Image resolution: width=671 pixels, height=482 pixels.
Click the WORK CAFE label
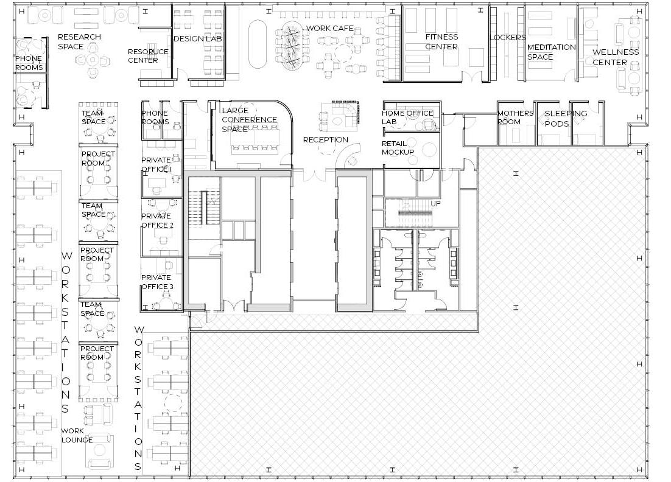[330, 28]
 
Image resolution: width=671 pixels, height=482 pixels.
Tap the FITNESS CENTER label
[441, 41]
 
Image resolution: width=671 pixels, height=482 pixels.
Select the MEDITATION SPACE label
[551, 52]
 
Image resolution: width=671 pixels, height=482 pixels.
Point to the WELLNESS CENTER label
[616, 57]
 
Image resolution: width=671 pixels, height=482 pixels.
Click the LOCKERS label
[508, 38]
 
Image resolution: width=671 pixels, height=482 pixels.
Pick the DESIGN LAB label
[198, 38]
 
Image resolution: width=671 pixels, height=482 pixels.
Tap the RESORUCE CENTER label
[148, 56]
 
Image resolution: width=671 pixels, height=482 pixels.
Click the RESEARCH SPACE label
[79, 41]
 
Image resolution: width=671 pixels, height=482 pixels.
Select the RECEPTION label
[326, 139]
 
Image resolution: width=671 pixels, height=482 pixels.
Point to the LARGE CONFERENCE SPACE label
[249, 120]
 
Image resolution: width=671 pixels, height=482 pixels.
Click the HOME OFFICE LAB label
[407, 117]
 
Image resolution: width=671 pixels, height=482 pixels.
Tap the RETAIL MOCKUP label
[398, 147]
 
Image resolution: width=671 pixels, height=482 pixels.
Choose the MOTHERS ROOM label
[515, 117]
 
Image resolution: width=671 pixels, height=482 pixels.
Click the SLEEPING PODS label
[565, 119]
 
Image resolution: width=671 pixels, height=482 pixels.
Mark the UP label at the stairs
[435, 204]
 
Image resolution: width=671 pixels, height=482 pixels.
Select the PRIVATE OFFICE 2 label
[157, 220]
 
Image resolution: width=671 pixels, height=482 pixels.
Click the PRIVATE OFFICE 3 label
[157, 282]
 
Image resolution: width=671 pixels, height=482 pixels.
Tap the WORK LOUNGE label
[77, 435]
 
